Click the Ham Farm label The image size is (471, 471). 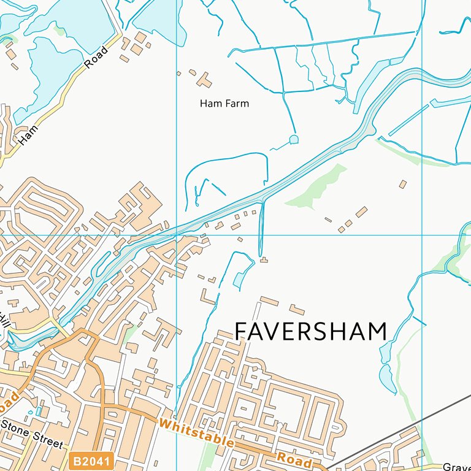point(224,104)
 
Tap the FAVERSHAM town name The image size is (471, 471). point(311,332)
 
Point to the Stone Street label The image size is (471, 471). point(31,434)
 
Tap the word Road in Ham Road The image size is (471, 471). point(96,57)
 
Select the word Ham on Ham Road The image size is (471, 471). point(28,135)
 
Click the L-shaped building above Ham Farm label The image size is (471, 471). point(204,80)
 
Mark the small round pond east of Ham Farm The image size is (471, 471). point(294,139)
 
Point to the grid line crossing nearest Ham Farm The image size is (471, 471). point(177,235)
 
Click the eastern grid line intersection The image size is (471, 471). point(423,235)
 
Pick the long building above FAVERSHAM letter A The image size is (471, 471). point(269,301)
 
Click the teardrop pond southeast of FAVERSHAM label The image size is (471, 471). point(388,378)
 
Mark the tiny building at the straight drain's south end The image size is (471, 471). point(264,260)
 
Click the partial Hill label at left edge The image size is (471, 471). point(5,321)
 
